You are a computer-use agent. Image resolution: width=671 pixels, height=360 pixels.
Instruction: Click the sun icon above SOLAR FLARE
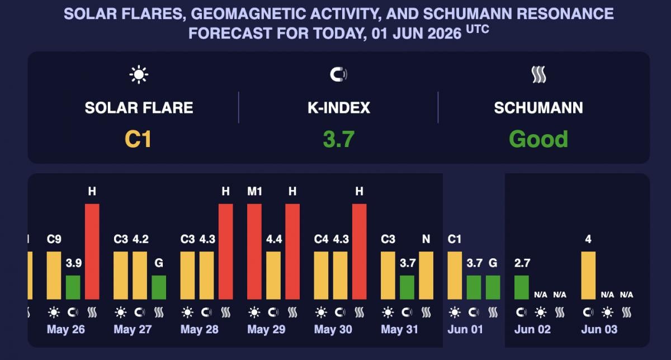point(139,74)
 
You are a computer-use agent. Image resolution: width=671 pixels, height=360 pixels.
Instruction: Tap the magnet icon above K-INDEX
point(338,74)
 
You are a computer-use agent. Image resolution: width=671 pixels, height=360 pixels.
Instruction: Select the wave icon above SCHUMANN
point(538,74)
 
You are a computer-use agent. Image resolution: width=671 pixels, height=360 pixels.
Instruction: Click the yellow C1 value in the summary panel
point(138,139)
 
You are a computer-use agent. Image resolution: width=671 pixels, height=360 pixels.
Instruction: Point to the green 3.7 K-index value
point(339,139)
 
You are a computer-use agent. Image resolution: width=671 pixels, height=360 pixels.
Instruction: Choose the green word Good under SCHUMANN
point(538,139)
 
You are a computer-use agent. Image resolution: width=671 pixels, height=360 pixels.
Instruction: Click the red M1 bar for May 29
point(254,252)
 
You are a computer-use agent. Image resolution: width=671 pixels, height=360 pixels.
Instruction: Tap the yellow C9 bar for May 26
point(54,275)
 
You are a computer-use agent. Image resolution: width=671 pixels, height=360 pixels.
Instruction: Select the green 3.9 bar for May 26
point(73,287)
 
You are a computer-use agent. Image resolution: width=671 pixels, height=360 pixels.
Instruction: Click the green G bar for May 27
point(159,287)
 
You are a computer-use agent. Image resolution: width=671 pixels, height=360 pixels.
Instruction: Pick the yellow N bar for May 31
point(426,275)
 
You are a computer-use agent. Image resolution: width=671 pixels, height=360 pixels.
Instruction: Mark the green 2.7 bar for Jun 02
point(522,287)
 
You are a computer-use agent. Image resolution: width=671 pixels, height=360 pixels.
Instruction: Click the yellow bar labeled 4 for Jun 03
point(588,275)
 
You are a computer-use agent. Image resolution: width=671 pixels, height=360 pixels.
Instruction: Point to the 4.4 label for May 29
point(274,239)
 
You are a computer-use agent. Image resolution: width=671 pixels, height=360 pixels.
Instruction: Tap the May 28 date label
point(200,329)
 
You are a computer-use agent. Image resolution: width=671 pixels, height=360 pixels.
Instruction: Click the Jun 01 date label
point(465,329)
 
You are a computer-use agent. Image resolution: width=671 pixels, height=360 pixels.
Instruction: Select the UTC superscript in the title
point(478,30)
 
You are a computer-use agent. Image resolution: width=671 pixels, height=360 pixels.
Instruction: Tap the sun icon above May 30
point(321,312)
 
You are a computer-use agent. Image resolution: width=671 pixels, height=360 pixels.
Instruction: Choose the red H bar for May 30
point(359,252)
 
